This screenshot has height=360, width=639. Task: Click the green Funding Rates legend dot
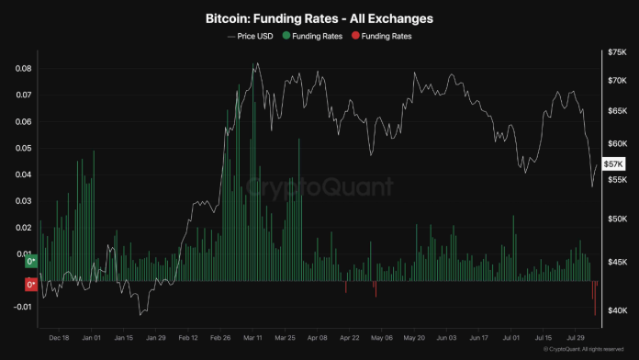(286, 36)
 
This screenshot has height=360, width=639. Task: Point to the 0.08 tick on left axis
(23, 68)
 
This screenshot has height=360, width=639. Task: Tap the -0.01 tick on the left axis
(21, 307)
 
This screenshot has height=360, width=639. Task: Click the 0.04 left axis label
(23, 174)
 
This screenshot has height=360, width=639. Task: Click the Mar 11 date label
(254, 337)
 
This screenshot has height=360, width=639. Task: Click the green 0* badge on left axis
(31, 262)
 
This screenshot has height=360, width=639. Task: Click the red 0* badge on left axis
(31, 284)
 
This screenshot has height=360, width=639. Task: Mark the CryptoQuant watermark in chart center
(319, 187)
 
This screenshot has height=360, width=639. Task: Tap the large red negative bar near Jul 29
(596, 298)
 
